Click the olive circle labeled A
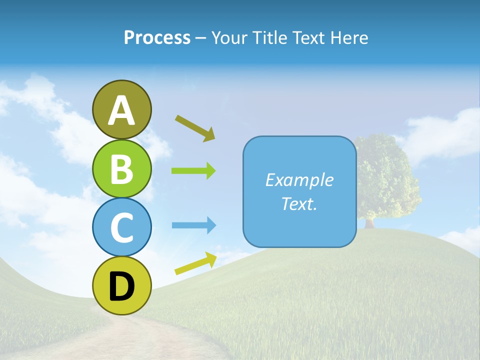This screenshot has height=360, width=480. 121,109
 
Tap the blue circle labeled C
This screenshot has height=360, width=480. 121,227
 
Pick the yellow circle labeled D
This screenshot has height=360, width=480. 121,285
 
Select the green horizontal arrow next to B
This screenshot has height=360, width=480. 193,171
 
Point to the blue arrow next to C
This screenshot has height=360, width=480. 193,225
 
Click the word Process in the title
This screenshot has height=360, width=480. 157,37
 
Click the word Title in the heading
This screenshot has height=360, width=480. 269,37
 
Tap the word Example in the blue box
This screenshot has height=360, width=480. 299,180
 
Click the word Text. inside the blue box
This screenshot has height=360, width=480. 299,203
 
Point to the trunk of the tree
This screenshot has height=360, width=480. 370,223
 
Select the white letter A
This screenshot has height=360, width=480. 121,110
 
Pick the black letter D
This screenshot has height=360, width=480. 121,286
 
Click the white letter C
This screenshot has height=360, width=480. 121,228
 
